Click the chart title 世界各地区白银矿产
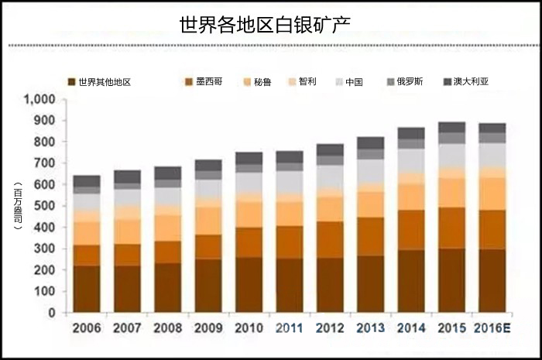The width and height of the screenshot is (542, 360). click(265, 23)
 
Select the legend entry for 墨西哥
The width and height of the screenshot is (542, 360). click(204, 81)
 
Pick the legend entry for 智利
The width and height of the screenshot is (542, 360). click(305, 81)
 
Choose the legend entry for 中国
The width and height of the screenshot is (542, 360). click(353, 81)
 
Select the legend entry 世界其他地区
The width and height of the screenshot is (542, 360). click(100, 81)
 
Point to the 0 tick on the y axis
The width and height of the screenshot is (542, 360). click(54, 314)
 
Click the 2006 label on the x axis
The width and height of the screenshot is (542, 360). click(86, 328)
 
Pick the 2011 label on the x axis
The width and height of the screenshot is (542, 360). click(289, 328)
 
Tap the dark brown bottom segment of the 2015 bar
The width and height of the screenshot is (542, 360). click(451, 280)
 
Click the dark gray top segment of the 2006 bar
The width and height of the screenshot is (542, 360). click(87, 180)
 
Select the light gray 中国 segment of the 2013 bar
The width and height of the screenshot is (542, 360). click(370, 170)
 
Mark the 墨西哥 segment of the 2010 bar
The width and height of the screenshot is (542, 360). click(249, 242)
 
